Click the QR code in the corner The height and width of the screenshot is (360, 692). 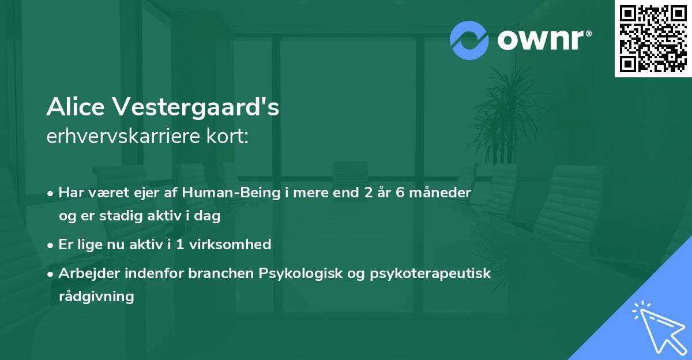653,39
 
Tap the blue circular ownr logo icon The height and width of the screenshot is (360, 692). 469,40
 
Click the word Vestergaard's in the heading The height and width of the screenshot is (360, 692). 196,108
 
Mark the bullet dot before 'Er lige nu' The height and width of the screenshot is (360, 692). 51,245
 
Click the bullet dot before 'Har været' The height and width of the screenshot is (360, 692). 51,193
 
